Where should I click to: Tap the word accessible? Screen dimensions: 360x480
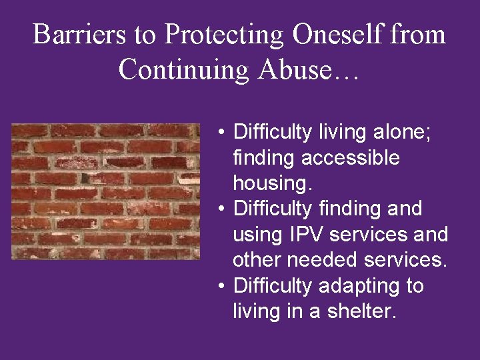pos(350,159)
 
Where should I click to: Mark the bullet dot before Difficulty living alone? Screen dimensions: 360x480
pos(221,133)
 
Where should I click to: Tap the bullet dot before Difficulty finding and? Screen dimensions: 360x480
pos(221,209)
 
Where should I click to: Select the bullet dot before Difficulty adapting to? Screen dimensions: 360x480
pos(221,287)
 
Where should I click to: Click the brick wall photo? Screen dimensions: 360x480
pos(106,191)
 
